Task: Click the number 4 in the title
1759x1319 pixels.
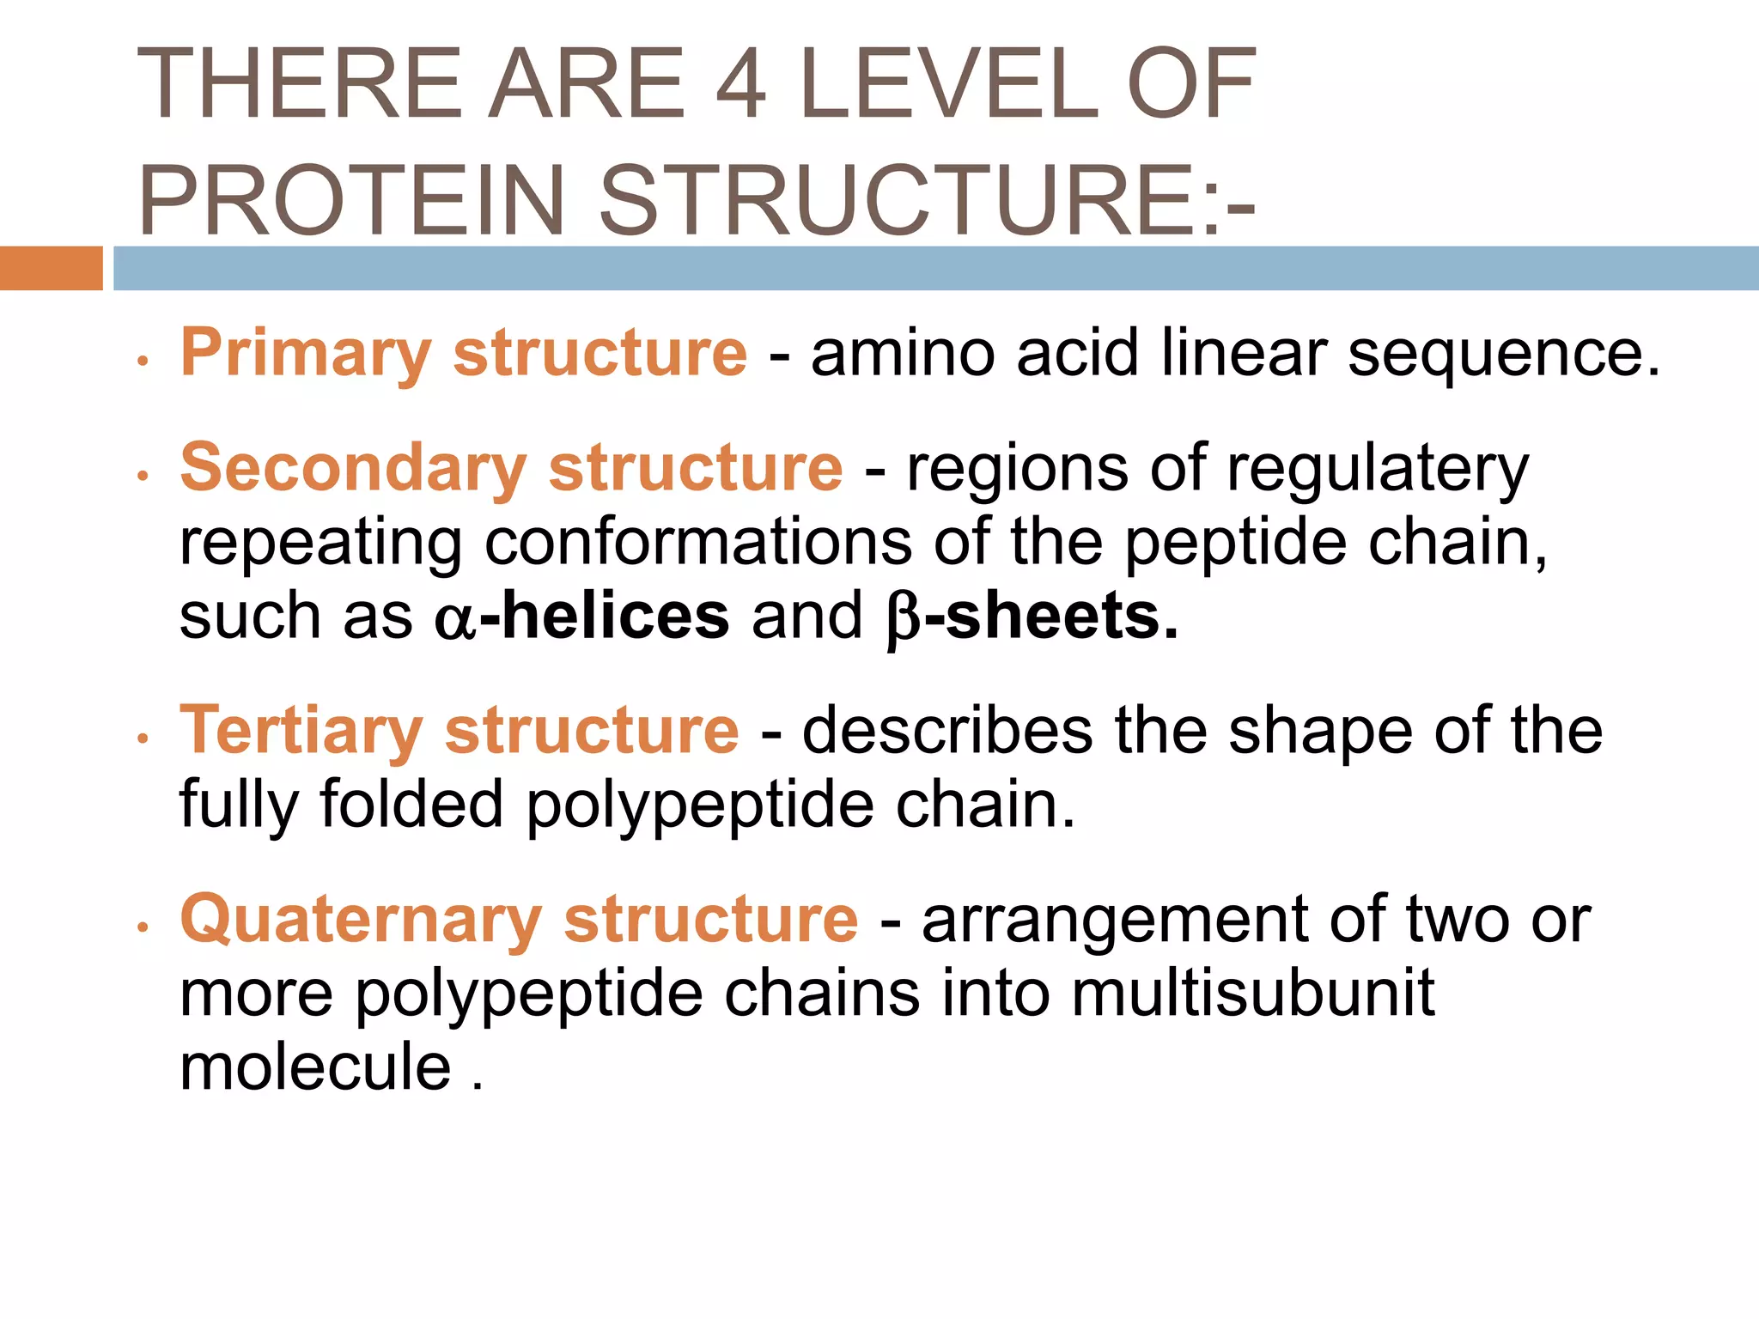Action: pos(740,84)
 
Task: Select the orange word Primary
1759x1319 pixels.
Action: pos(306,354)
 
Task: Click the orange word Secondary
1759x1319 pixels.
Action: pos(353,469)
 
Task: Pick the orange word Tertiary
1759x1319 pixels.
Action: pos(301,732)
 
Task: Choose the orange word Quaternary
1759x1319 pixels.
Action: pos(361,921)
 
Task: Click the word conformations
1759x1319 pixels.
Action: pos(697,543)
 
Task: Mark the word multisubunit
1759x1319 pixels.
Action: pos(1253,994)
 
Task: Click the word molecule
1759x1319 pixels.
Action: pos(315,1067)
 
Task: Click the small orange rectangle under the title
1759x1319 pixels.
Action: pos(52,268)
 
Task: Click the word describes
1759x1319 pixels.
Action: pos(947,732)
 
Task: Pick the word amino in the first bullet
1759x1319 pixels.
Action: pos(903,354)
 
